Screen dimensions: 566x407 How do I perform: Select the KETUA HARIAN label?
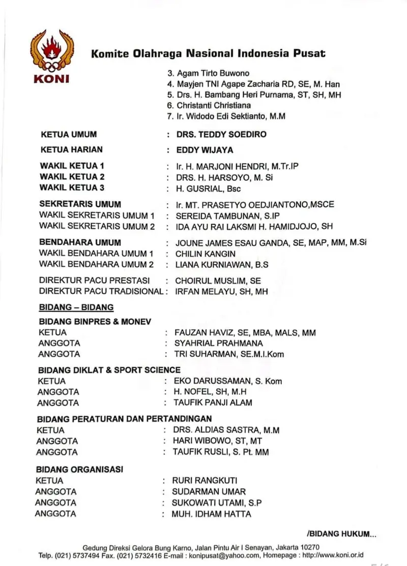coord(71,149)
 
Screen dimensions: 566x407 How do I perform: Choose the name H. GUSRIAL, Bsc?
coord(208,189)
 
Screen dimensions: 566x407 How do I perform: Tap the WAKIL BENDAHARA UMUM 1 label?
coord(96,253)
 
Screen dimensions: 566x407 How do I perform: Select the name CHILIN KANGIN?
coord(205,254)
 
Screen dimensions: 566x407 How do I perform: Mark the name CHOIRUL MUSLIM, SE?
coord(218,280)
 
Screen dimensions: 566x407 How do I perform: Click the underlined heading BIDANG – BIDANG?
coord(76,307)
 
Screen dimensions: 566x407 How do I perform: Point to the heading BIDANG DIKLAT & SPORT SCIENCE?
coord(109,370)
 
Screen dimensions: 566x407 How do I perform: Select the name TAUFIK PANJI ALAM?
coord(213,403)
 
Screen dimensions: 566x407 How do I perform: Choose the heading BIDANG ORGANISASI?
coord(79,469)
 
